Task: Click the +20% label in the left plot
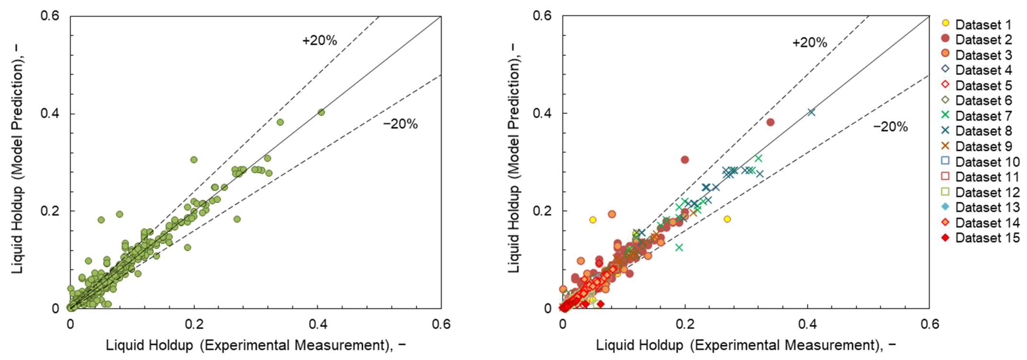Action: (319, 41)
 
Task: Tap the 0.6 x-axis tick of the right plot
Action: (929, 324)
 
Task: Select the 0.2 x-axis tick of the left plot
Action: (194, 324)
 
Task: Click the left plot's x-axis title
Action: (256, 345)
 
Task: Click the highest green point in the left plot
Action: (321, 112)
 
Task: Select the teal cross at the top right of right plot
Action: (811, 112)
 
